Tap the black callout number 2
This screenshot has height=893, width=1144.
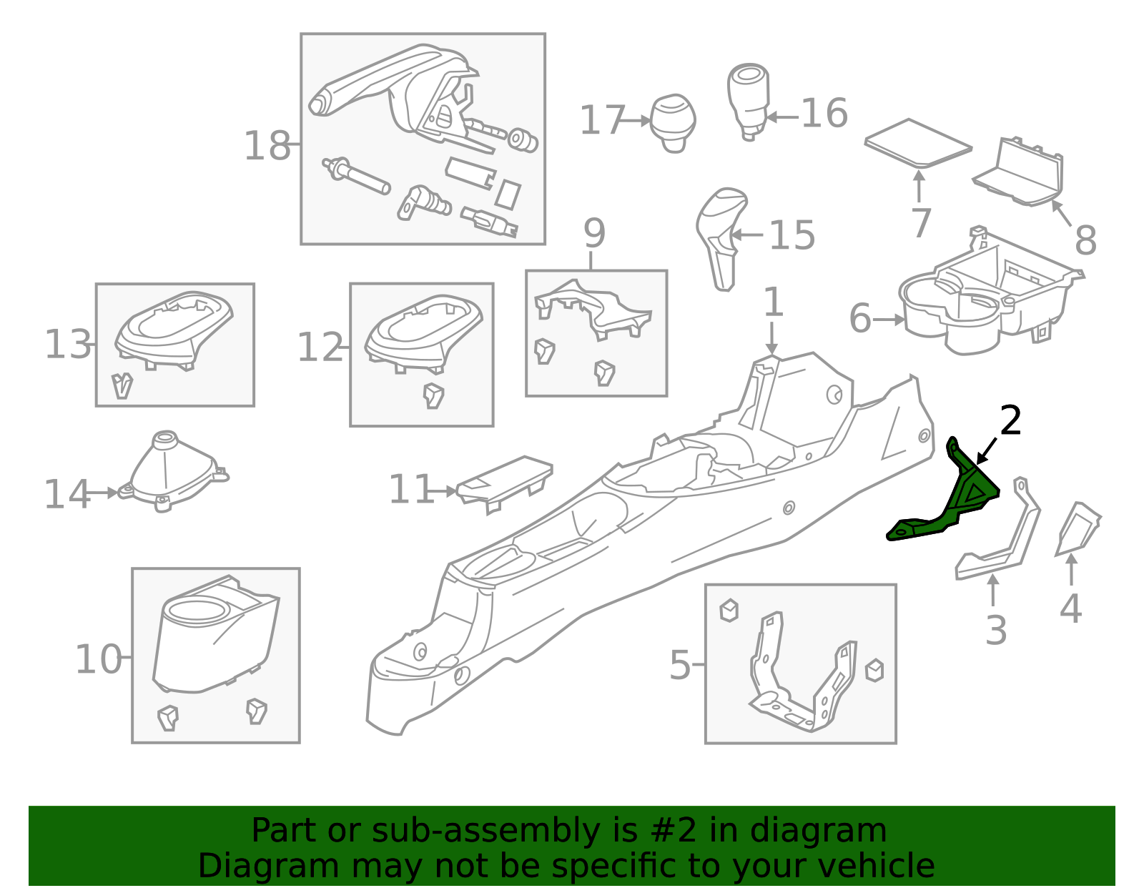1010,420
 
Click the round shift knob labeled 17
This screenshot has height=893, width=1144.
673,124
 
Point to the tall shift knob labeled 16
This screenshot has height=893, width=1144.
749,102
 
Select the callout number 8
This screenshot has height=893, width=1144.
1085,240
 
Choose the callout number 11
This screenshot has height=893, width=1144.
410,489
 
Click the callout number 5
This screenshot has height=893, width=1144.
680,665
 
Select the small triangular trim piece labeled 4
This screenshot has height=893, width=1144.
1077,529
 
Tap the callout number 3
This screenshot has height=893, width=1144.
996,631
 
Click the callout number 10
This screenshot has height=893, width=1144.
99,659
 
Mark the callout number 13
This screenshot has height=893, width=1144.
68,345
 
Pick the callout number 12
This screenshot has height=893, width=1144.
320,347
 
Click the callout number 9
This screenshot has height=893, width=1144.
594,233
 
